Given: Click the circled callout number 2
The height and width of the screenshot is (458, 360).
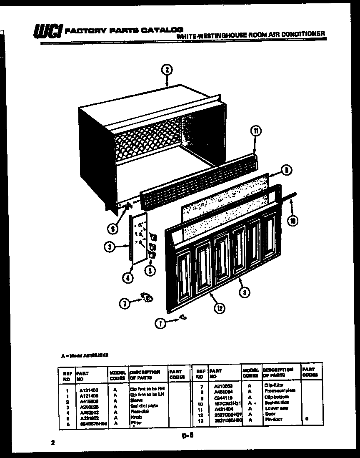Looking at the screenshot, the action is tap(166, 70).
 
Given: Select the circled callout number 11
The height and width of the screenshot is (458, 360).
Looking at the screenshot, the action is tap(256, 132).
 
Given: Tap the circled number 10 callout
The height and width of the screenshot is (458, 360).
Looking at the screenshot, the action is tap(293, 221).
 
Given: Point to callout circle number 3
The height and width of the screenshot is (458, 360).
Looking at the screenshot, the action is tap(109, 247).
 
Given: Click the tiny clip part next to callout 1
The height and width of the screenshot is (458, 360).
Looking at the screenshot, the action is tap(182, 318).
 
